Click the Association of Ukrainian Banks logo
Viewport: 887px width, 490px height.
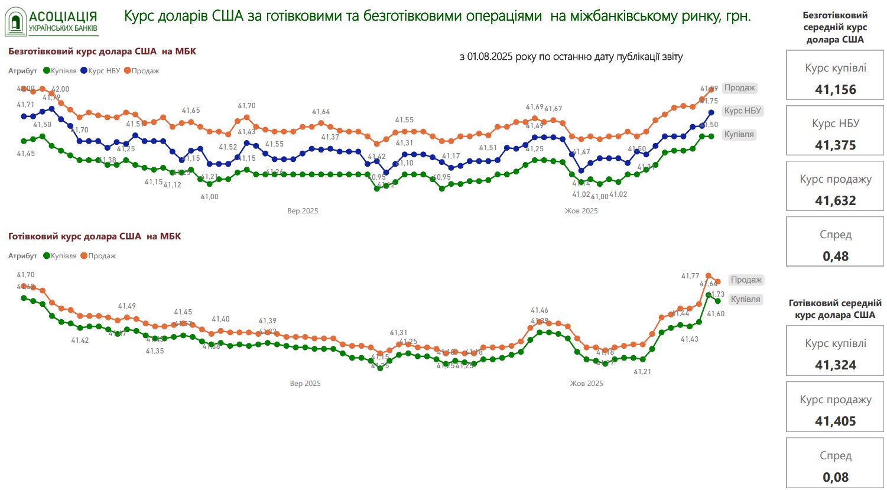[x=52, y=21]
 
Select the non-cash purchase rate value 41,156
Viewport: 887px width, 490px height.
[x=835, y=90]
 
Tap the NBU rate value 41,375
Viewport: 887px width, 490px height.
[x=835, y=145]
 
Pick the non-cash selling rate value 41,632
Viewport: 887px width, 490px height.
[x=835, y=201]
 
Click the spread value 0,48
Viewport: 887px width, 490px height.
[x=835, y=257]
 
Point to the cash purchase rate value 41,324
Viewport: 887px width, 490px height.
[x=835, y=365]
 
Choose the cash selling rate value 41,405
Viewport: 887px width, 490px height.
[x=835, y=421]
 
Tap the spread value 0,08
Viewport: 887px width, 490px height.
[x=835, y=478]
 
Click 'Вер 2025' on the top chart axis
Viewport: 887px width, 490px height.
[x=303, y=211]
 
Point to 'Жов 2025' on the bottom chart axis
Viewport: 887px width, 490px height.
[x=586, y=384]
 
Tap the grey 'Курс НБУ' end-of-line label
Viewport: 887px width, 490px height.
[x=743, y=111]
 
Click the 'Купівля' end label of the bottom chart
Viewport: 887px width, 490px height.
[x=745, y=299]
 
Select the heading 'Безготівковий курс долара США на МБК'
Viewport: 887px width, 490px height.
[x=102, y=51]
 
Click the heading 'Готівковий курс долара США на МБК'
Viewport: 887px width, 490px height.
[x=95, y=236]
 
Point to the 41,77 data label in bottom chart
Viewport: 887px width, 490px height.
[x=690, y=276]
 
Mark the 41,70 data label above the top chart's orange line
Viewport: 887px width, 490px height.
[x=246, y=106]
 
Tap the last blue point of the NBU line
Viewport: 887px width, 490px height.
[x=711, y=112]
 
